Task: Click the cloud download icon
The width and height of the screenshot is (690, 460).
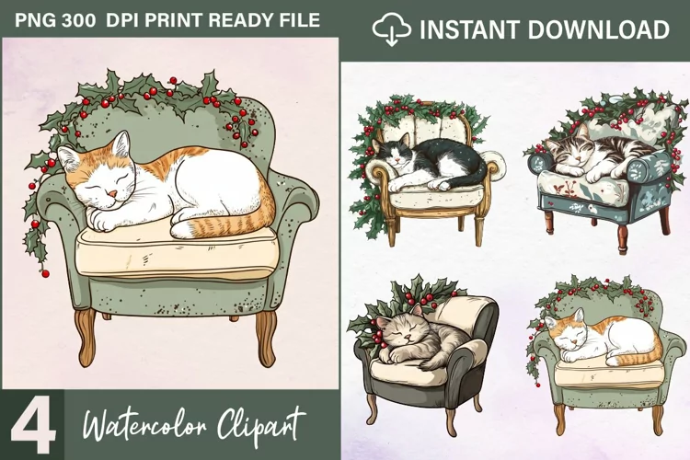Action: point(391,29)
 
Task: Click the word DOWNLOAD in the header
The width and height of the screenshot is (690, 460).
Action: point(598,30)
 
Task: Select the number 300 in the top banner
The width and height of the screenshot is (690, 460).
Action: point(79,20)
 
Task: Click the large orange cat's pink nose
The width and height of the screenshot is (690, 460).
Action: point(113,194)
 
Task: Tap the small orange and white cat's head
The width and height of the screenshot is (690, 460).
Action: point(567,333)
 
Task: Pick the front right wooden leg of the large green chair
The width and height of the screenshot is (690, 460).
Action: point(265,338)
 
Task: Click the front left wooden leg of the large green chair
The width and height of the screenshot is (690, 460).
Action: point(86,337)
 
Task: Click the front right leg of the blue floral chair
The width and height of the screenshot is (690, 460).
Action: point(622,238)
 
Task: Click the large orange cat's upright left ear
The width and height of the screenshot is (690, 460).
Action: point(122,144)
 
